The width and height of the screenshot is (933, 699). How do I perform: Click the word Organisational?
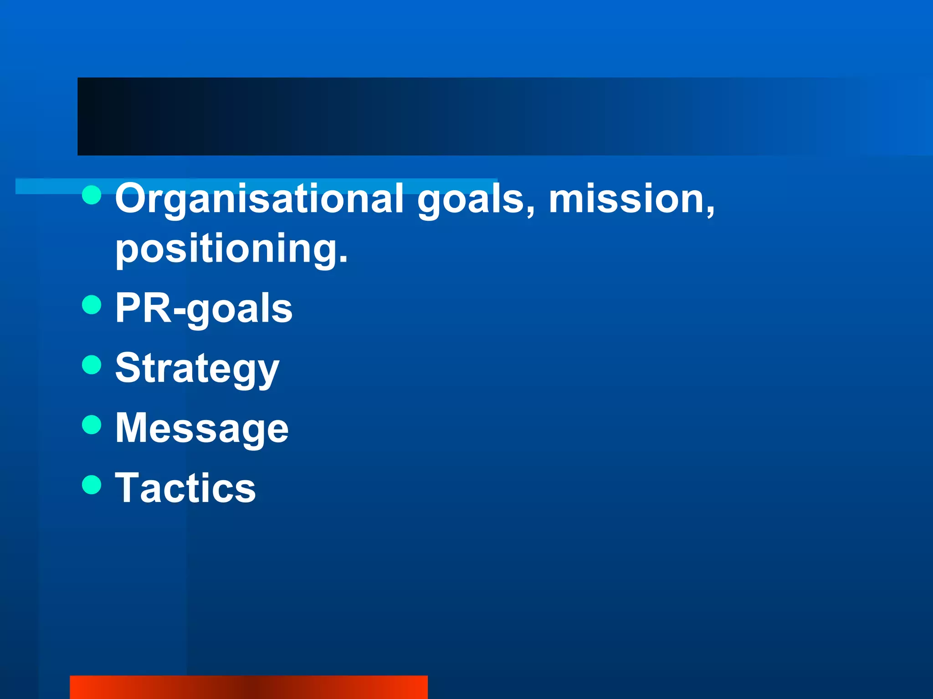[x=259, y=199]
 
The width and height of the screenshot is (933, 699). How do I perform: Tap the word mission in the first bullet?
[x=626, y=198]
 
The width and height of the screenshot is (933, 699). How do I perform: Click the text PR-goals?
[x=204, y=309]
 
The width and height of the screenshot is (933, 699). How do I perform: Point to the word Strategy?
[x=197, y=369]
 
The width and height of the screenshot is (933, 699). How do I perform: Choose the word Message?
[x=202, y=429]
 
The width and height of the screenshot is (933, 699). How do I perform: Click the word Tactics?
[x=185, y=488]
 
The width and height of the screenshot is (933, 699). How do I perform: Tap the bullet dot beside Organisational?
[x=92, y=195]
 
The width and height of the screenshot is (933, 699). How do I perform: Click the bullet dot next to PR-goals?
[x=92, y=304]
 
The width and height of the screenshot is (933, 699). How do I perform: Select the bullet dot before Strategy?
[x=92, y=365]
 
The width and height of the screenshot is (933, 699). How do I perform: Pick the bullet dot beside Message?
[x=92, y=425]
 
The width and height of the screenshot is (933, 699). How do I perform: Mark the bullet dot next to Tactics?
[x=92, y=485]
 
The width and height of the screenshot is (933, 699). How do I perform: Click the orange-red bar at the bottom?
[x=249, y=687]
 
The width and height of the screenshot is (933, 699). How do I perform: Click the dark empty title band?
[x=456, y=116]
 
